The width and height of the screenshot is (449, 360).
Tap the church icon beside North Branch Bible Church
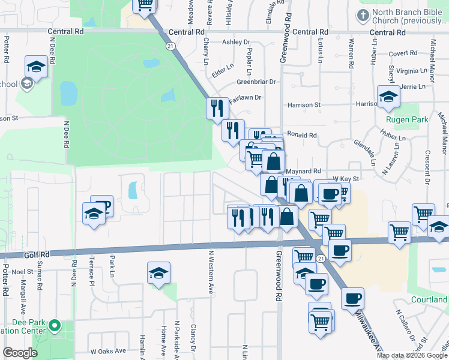tap(363, 14)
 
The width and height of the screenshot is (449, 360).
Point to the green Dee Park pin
tap(55, 326)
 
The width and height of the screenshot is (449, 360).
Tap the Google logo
tap(20, 353)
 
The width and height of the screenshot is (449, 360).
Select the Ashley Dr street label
tap(235, 42)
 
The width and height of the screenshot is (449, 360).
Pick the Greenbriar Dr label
tap(256, 82)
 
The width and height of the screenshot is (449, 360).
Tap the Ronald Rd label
tap(301, 135)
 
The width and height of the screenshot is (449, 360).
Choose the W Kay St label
tap(346, 179)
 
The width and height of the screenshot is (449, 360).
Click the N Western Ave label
tap(211, 280)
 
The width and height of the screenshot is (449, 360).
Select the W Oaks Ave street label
tap(108, 351)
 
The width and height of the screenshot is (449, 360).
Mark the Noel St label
tap(22, 272)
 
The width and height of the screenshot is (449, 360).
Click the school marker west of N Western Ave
tap(159, 274)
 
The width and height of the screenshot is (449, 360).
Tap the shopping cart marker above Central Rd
tap(145, 5)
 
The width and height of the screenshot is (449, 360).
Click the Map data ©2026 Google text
tap(412, 355)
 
